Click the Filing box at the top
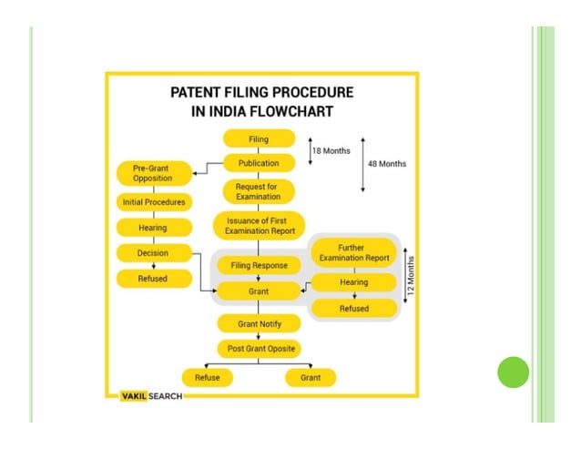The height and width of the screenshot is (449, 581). point(259,138)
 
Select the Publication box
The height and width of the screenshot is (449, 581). point(259,163)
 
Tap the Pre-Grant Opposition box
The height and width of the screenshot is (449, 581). point(153,173)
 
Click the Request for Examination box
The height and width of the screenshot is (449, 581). point(259,191)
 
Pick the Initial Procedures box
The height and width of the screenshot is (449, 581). point(153,201)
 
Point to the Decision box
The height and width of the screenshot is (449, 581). point(153,252)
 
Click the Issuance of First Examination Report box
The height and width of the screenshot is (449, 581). point(259,225)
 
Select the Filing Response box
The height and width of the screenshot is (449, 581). point(259,266)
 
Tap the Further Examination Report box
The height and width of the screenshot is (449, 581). point(353,252)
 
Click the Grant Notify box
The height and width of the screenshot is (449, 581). point(259,323)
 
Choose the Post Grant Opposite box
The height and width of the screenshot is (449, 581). point(259,348)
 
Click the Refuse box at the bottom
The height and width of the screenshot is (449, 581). point(207,377)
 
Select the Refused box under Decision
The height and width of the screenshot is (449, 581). point(153,278)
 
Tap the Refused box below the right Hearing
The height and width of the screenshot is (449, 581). point(353,308)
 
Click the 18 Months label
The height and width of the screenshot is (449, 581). point(330,150)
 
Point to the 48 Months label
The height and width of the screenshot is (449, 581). point(387,164)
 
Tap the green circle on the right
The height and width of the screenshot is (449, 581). point(513,372)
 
